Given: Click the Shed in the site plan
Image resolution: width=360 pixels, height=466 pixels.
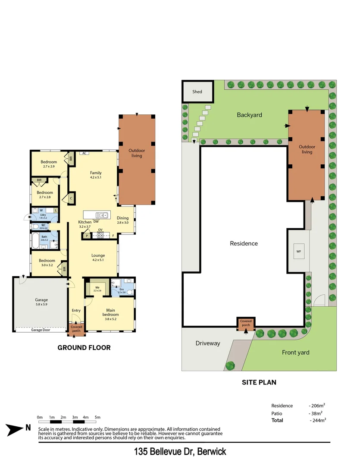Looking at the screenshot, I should [x=197, y=92].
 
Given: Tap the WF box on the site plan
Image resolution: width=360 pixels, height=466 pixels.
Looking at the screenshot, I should [x=298, y=251].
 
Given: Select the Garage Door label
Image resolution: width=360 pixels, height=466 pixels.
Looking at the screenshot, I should [x=41, y=330].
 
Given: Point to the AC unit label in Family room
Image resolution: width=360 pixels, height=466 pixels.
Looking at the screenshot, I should [x=85, y=153].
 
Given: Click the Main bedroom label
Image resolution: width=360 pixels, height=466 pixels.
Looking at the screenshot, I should [x=111, y=312].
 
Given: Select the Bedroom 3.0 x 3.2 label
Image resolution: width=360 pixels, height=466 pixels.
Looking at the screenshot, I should [x=47, y=263].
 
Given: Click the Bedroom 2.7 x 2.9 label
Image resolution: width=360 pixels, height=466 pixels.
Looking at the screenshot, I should [x=49, y=164].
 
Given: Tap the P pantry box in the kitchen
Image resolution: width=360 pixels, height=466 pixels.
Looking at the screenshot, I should [x=87, y=236].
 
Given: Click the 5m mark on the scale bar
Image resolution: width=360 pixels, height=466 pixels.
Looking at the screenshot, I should [x=97, y=418].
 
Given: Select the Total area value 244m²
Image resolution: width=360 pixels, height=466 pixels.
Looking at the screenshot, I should [x=317, y=420].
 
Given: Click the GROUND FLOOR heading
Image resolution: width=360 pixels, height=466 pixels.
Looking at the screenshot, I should [x=84, y=347].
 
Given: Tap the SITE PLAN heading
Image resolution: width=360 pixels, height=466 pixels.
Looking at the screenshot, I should [x=259, y=382].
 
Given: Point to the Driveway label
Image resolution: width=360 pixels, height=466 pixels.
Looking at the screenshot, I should [x=208, y=343].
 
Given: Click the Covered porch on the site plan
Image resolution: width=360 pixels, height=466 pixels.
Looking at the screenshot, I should [x=246, y=323].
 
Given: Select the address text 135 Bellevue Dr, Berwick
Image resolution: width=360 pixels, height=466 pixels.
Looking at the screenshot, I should [x=180, y=452].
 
